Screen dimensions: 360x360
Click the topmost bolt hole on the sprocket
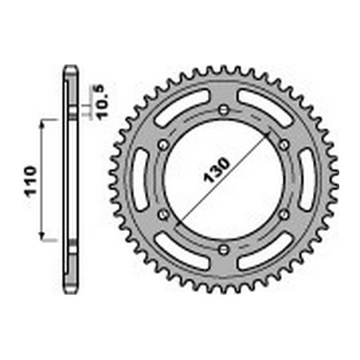[x=224, y=109]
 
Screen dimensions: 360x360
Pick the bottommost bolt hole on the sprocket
[x=224, y=249]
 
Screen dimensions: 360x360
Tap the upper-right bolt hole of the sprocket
[x=284, y=144]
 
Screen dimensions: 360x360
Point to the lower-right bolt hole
[x=284, y=214]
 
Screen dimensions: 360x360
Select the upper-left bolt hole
[x=163, y=144]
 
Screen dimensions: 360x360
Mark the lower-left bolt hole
[x=163, y=214]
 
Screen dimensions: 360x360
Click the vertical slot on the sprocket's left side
[x=140, y=179]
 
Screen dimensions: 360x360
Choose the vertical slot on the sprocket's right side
[x=307, y=179]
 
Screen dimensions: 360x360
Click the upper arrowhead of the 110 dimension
[x=45, y=121]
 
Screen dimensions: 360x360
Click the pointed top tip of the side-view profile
[x=70, y=67]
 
